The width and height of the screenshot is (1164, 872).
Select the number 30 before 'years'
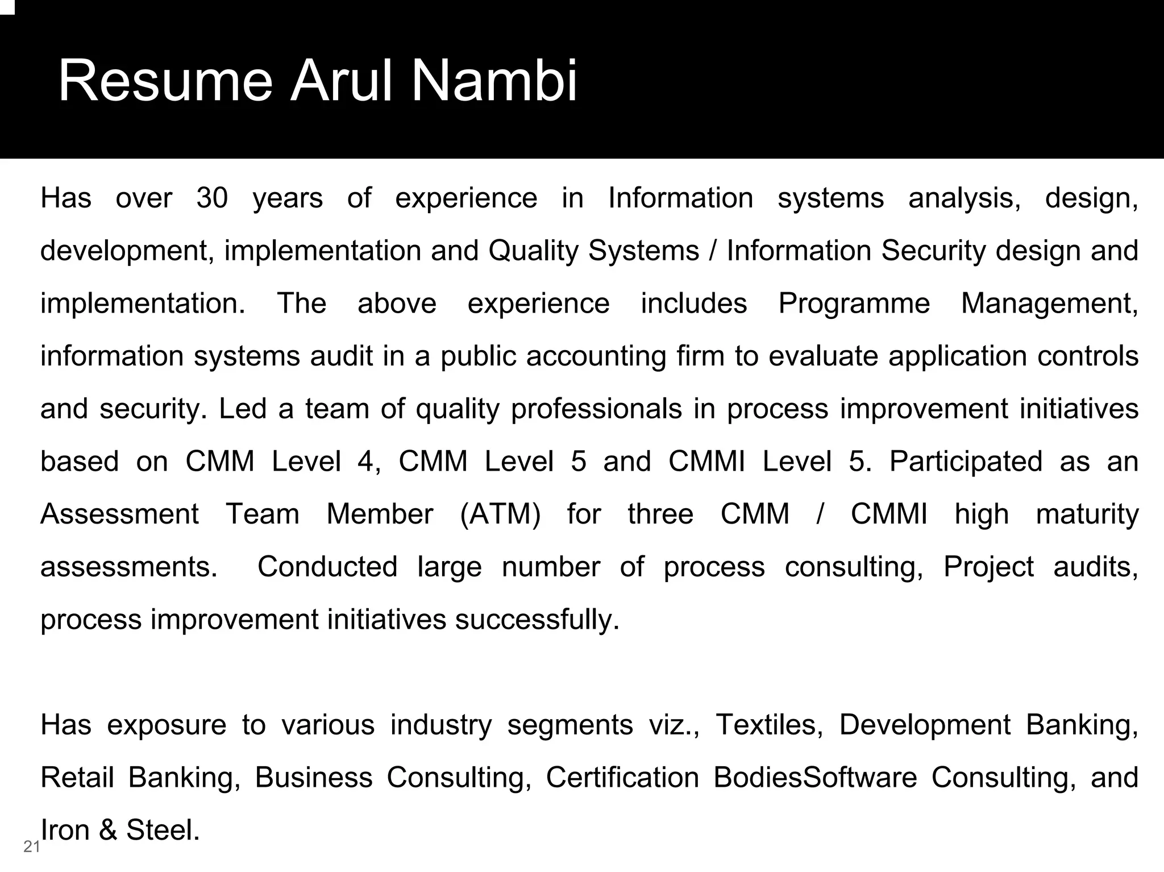point(212,198)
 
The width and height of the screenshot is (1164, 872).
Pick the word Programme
point(854,304)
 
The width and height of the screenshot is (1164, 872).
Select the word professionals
point(596,409)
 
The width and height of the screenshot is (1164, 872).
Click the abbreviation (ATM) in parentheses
point(500,514)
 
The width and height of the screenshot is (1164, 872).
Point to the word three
point(660,514)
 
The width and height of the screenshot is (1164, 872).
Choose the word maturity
point(1087,514)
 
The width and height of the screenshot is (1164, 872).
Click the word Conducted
point(327,567)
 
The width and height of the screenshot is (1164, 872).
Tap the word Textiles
point(769,725)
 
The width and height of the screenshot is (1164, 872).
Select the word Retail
point(77,778)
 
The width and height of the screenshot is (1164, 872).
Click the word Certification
point(622,778)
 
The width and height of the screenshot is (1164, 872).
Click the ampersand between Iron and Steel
point(108,830)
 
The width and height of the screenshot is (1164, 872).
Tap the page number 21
point(32,847)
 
